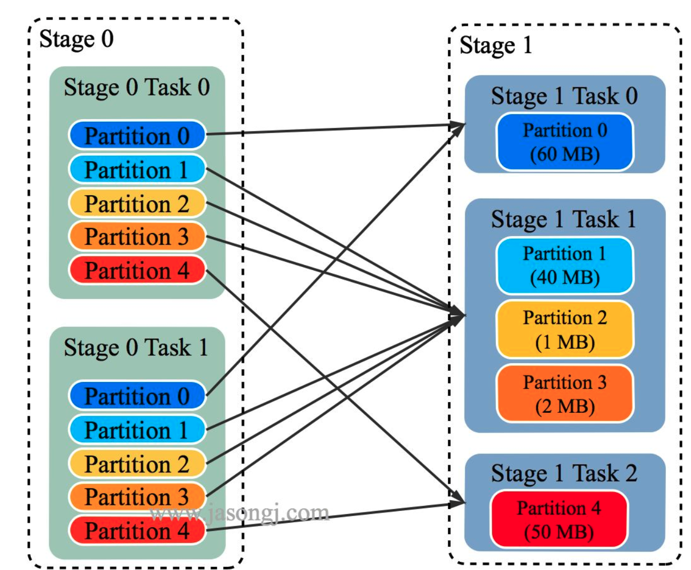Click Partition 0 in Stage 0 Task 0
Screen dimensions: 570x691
tap(137, 136)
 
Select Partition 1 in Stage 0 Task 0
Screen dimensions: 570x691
tap(137, 170)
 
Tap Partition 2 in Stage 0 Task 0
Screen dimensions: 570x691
tap(137, 204)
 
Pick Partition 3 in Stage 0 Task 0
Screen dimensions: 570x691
tap(137, 237)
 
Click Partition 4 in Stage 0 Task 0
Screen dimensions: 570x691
tap(137, 271)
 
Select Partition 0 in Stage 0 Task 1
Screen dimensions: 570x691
tap(137, 396)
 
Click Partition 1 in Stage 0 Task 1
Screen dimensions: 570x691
tap(137, 430)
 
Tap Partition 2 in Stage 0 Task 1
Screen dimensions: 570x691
tap(137, 464)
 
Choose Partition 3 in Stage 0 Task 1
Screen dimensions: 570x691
tap(137, 497)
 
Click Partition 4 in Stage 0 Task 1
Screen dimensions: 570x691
tap(137, 530)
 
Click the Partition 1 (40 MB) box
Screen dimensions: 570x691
tap(565, 265)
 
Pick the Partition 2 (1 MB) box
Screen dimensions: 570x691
tap(565, 330)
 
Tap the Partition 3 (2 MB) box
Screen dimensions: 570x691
tap(565, 394)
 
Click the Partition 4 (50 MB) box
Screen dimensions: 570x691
tap(559, 520)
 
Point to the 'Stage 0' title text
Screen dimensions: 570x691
tap(76, 39)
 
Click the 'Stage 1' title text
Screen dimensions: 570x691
tap(495, 45)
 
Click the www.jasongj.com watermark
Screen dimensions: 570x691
tap(239, 513)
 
